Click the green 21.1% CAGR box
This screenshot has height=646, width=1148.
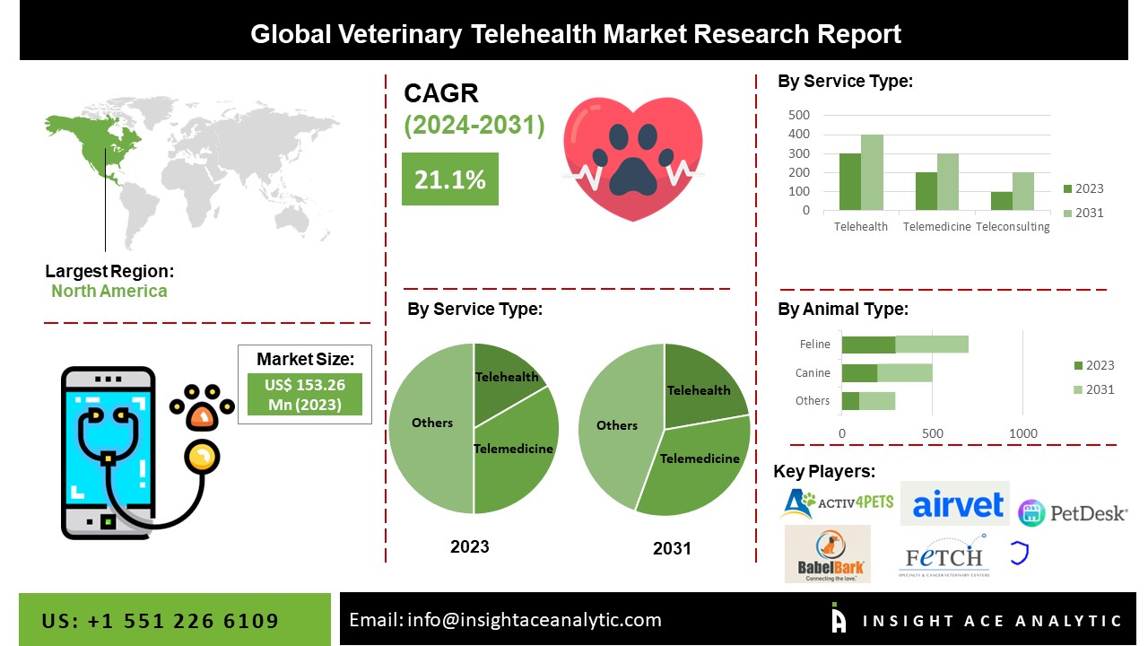[449, 179]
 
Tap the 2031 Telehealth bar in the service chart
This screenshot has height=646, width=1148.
[872, 173]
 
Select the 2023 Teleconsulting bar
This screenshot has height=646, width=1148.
[1001, 201]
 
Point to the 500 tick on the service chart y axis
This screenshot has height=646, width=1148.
[799, 115]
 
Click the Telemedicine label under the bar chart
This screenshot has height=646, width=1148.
[936, 227]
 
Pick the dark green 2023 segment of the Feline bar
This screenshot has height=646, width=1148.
[868, 345]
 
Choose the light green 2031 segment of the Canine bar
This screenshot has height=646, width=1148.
[904, 372]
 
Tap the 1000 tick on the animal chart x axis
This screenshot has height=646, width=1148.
[1023, 433]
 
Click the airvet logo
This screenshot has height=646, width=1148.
[957, 505]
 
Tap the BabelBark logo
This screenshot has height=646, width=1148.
[827, 554]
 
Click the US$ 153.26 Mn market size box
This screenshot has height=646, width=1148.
[304, 393]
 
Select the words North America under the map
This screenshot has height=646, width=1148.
[109, 291]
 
